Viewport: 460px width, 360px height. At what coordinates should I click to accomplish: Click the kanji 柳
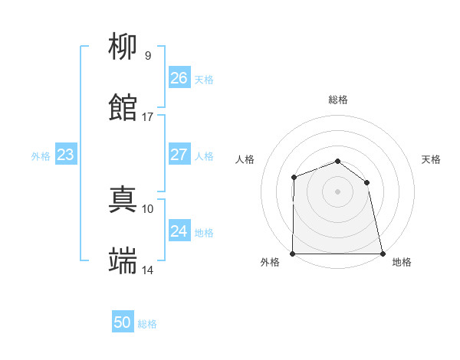(x=123, y=47)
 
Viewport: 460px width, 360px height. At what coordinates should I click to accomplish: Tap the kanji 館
(x=123, y=108)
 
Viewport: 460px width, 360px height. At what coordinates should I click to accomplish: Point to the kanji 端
(x=123, y=261)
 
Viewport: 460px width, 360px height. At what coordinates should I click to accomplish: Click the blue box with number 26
(x=179, y=78)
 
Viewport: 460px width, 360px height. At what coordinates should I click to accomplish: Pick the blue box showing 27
(x=179, y=155)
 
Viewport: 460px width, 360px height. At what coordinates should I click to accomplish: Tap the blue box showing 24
(x=179, y=231)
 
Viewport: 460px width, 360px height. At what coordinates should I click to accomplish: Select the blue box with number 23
(x=65, y=155)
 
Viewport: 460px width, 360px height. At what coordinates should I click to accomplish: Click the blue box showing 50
(x=122, y=322)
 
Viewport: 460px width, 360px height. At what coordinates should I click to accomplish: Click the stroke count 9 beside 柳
(x=147, y=56)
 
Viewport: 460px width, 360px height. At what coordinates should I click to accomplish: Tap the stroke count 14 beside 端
(x=147, y=270)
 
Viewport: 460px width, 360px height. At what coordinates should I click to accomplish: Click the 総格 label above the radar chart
(x=338, y=100)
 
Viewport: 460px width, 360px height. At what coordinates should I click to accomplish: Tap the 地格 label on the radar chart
(x=402, y=263)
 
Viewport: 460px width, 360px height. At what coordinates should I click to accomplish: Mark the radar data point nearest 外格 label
(x=293, y=254)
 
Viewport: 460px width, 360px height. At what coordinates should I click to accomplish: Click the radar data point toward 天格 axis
(x=366, y=182)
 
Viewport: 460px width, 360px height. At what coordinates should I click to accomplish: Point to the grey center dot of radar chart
(x=337, y=191)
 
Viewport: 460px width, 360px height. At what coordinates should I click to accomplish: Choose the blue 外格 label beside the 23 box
(x=41, y=156)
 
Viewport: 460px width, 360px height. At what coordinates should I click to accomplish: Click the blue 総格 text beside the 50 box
(x=147, y=324)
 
